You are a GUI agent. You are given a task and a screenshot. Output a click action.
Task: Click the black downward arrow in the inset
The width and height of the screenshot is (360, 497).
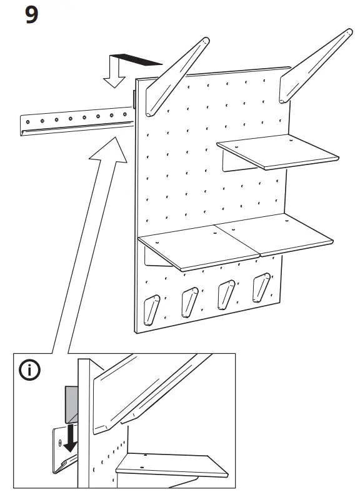point(71,435)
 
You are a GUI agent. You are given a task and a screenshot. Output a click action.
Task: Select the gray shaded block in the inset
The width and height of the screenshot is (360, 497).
point(70,403)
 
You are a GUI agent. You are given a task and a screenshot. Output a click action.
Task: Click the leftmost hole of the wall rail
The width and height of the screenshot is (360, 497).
point(28,119)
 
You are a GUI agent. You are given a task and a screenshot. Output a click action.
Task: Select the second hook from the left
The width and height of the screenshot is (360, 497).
point(189,301)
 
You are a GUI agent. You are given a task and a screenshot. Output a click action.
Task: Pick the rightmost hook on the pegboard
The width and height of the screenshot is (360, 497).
point(261,286)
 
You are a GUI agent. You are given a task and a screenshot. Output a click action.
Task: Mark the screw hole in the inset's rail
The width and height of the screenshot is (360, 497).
point(60,443)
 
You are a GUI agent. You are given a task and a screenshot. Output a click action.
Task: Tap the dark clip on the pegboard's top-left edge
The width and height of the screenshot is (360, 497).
point(135,99)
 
